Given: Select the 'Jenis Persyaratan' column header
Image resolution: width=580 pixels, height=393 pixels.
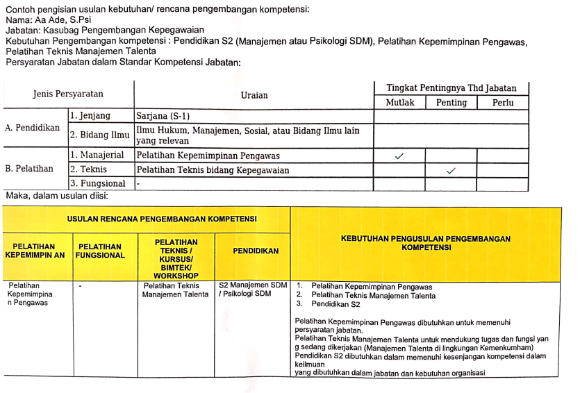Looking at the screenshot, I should pos(68,94).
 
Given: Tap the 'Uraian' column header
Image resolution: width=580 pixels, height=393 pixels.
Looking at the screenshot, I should pos(254,95).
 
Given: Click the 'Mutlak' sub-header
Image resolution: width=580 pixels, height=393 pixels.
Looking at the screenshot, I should pos(399,103).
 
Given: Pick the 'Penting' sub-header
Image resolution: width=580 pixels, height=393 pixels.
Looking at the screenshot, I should pos(451,103).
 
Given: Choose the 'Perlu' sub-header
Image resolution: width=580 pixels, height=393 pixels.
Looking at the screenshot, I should pos(502,103).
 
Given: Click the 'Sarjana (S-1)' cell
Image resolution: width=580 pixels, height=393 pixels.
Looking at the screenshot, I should pos(163,116).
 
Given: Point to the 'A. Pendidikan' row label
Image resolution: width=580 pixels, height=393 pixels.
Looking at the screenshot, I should pos(32,128).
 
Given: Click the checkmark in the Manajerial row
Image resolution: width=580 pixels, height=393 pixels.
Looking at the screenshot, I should pos(399,156).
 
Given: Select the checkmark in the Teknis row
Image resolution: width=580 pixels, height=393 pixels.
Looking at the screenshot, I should pos(451,170).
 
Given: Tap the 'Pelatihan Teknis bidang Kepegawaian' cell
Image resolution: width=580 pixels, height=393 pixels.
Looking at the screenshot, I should pos(213,169).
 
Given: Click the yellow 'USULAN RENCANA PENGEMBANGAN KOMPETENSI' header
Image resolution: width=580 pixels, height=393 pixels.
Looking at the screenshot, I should pos(162,219).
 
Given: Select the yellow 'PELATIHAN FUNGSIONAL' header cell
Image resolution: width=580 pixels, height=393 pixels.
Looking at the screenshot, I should pos(101,251).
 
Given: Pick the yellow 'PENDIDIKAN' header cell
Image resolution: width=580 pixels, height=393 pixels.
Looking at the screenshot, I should pos(252,251).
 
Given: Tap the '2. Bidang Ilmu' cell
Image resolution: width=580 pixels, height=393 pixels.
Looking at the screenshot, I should pos(99,135).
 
